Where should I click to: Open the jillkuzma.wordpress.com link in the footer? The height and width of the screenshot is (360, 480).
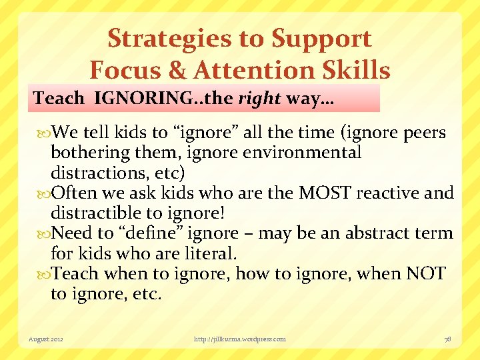pos(239,339)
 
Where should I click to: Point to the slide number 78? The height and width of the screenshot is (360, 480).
pos(447,339)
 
